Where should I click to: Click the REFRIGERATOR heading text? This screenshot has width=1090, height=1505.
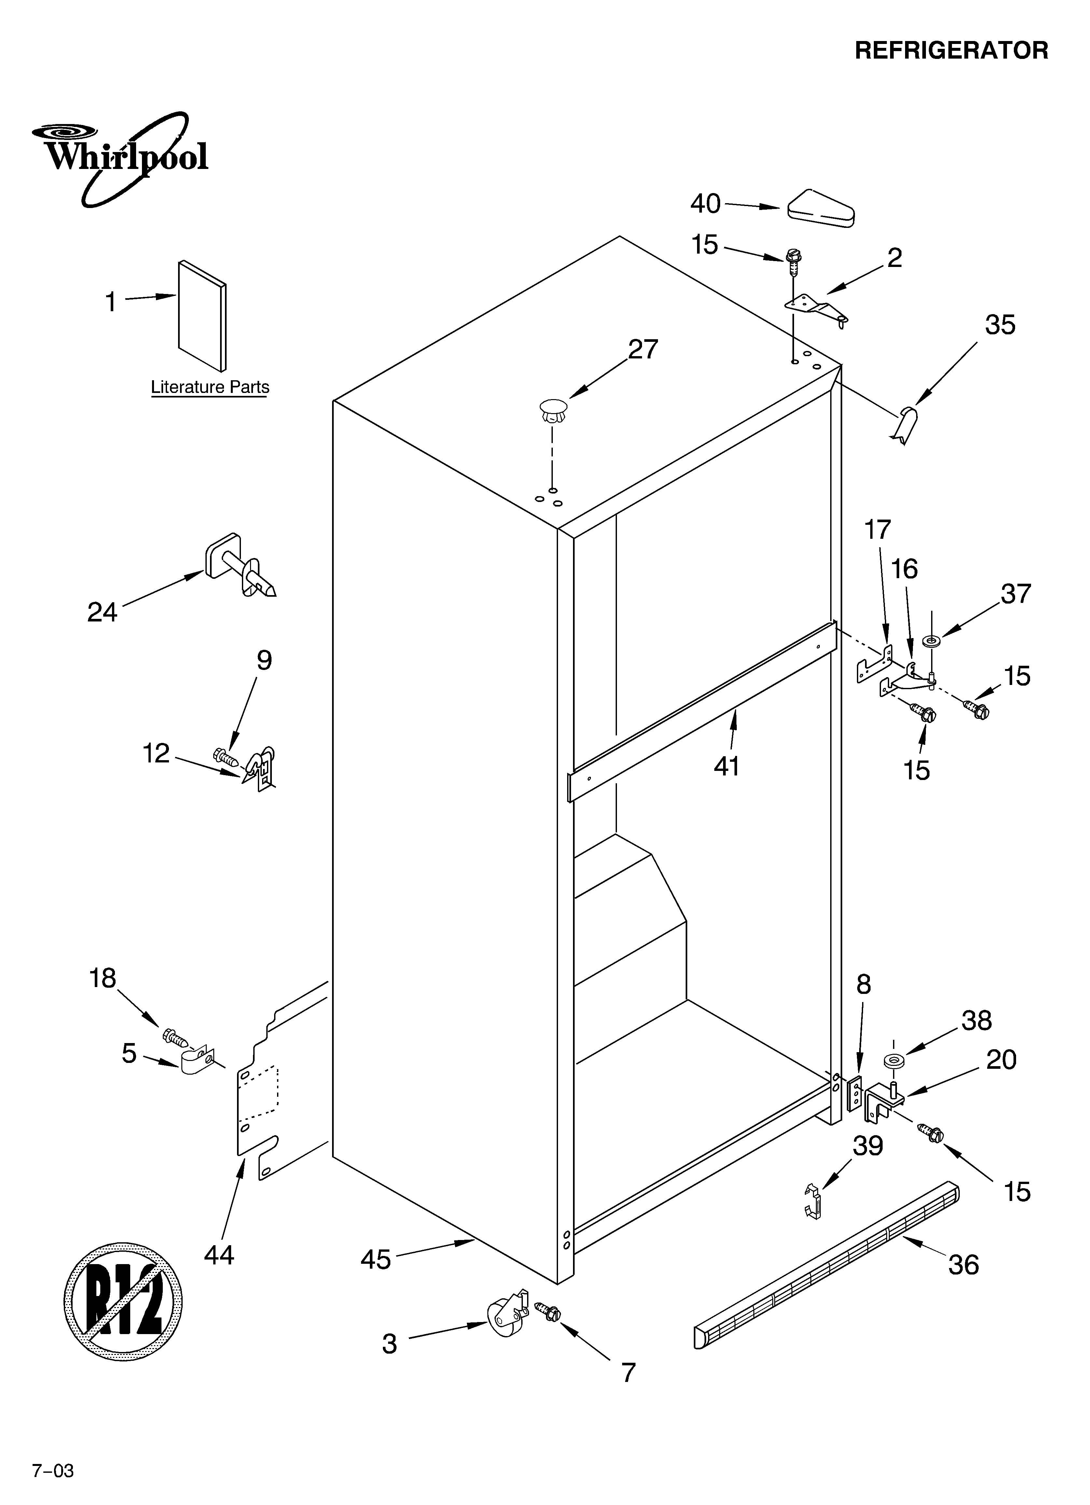click(x=951, y=50)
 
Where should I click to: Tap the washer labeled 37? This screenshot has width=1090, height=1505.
click(x=932, y=642)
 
